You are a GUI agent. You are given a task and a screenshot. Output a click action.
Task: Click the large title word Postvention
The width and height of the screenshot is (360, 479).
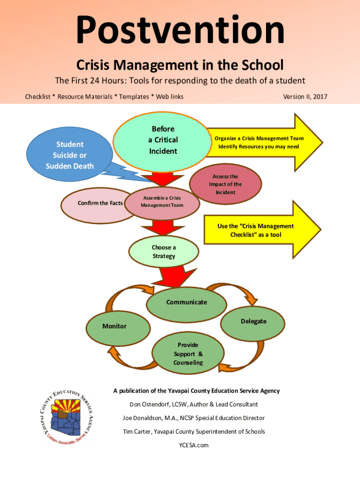[180, 30]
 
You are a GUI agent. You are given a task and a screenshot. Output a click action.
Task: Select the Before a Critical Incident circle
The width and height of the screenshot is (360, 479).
[163, 140]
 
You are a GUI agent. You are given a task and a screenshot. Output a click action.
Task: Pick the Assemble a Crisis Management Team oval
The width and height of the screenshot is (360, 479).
[162, 202]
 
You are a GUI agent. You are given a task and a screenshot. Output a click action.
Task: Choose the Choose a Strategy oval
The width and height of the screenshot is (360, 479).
[164, 252]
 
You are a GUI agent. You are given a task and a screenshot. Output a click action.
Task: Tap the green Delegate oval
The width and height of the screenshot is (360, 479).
[253, 321]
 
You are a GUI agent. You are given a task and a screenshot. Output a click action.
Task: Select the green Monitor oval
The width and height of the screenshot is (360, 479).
[115, 326]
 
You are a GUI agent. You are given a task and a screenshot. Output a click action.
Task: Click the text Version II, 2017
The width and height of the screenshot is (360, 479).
[305, 97]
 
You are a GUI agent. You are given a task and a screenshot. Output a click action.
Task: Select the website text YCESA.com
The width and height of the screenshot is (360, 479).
[194, 445]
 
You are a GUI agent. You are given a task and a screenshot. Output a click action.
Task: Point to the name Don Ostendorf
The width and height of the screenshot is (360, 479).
[149, 404]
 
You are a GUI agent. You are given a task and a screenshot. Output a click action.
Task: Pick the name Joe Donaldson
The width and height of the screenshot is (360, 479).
[144, 418]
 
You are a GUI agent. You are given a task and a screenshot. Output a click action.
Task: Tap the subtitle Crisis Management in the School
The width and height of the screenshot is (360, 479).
[180, 65]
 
